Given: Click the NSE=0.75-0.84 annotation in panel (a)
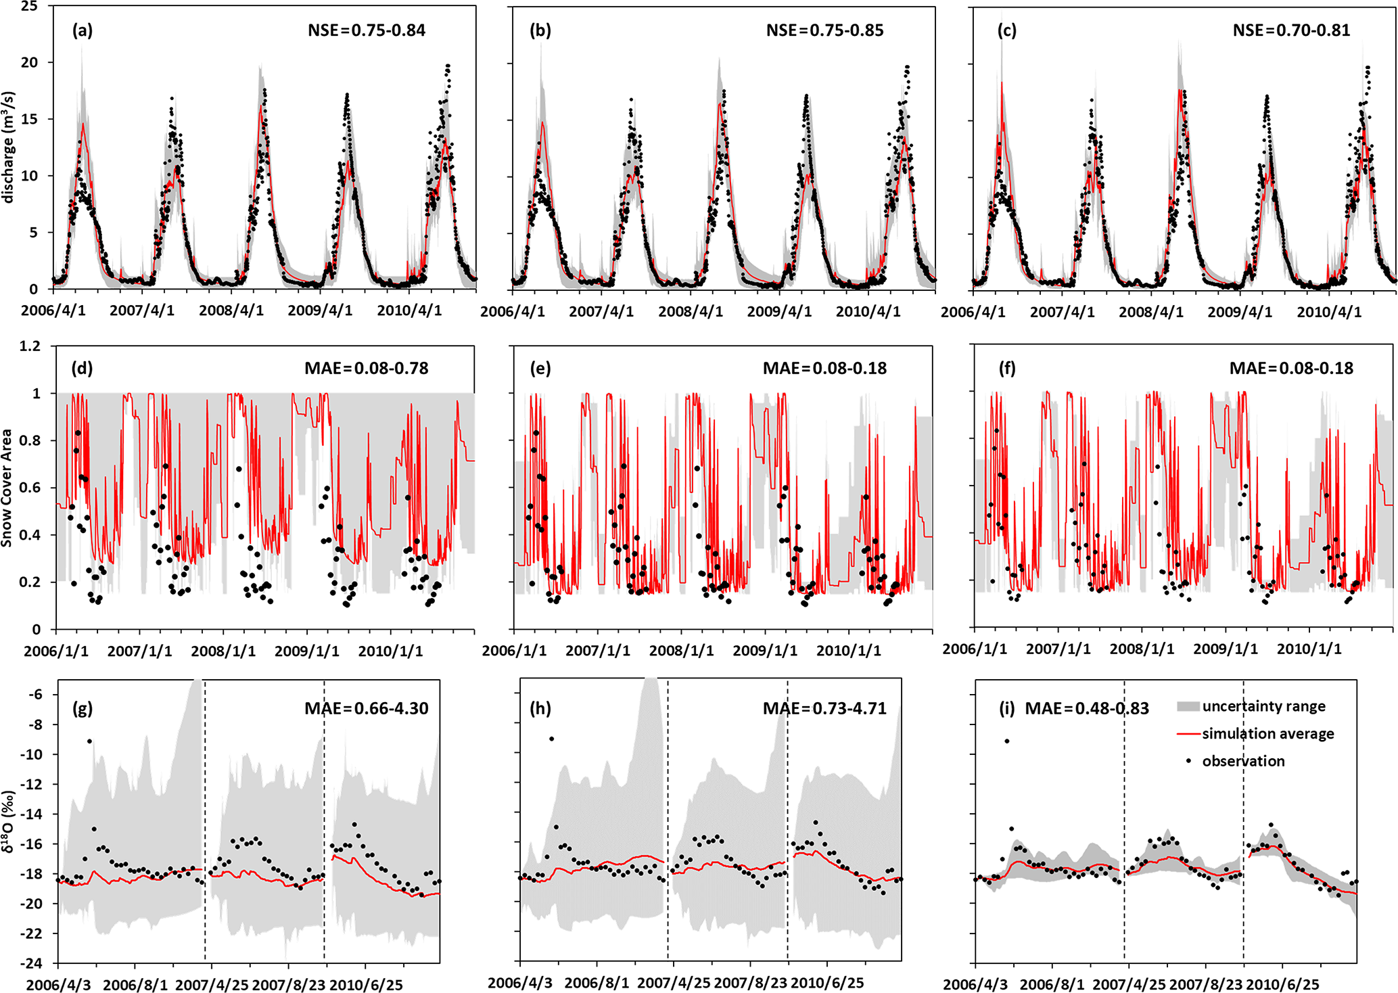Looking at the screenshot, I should tap(366, 30).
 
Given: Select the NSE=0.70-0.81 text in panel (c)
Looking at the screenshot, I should tap(1291, 30).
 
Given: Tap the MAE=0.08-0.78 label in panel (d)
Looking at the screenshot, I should tap(366, 369).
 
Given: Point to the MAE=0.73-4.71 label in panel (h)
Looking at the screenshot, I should tap(824, 708).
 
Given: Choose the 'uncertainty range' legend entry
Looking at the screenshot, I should tap(1263, 706).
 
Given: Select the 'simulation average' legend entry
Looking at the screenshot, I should tap(1267, 734).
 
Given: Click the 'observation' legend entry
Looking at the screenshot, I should tap(1243, 761).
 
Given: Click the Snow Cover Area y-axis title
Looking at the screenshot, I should tap(7, 488).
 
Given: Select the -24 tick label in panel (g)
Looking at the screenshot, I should tap(33, 963).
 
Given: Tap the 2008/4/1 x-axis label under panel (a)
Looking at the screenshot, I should tap(231, 310).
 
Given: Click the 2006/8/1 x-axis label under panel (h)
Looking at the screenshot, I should tap(596, 983).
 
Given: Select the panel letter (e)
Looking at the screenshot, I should tap(540, 369).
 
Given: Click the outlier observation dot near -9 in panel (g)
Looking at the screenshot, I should tap(89, 741).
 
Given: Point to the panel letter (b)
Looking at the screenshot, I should tap(540, 30).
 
